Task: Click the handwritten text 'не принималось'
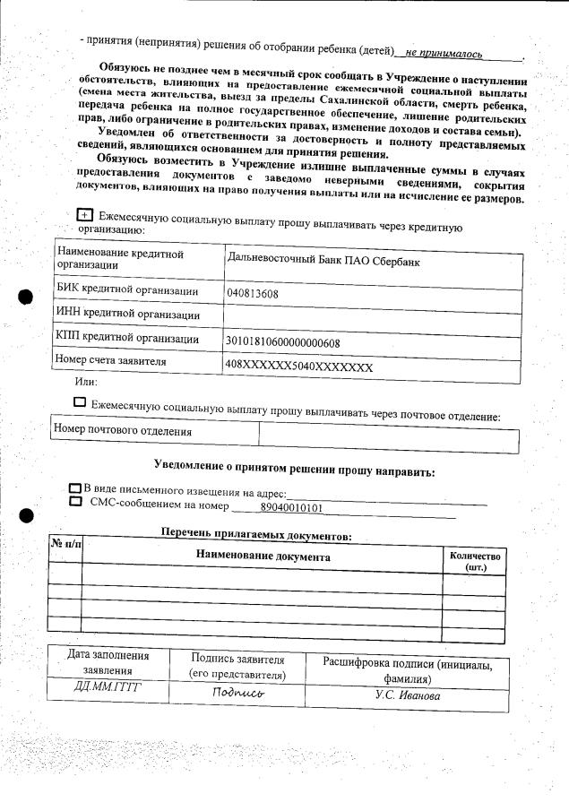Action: click(444, 55)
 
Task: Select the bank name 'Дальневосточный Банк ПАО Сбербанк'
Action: click(323, 262)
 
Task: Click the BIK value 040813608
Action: click(253, 293)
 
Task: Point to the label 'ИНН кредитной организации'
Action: click(126, 315)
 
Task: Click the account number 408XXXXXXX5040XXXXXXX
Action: click(298, 367)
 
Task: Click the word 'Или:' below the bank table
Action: click(87, 383)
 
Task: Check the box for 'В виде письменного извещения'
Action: click(75, 488)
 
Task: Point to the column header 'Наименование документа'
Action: click(263, 556)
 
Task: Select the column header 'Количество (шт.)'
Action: click(475, 562)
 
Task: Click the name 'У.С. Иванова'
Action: click(407, 695)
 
